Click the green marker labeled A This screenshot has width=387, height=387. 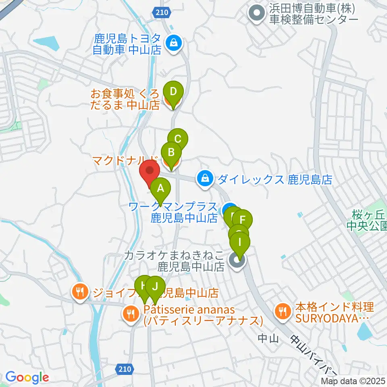[160, 188]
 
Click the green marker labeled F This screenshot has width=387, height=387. [242, 220]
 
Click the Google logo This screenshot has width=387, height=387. [27, 377]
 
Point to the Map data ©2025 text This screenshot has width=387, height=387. [354, 381]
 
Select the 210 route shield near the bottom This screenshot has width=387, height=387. [125, 368]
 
